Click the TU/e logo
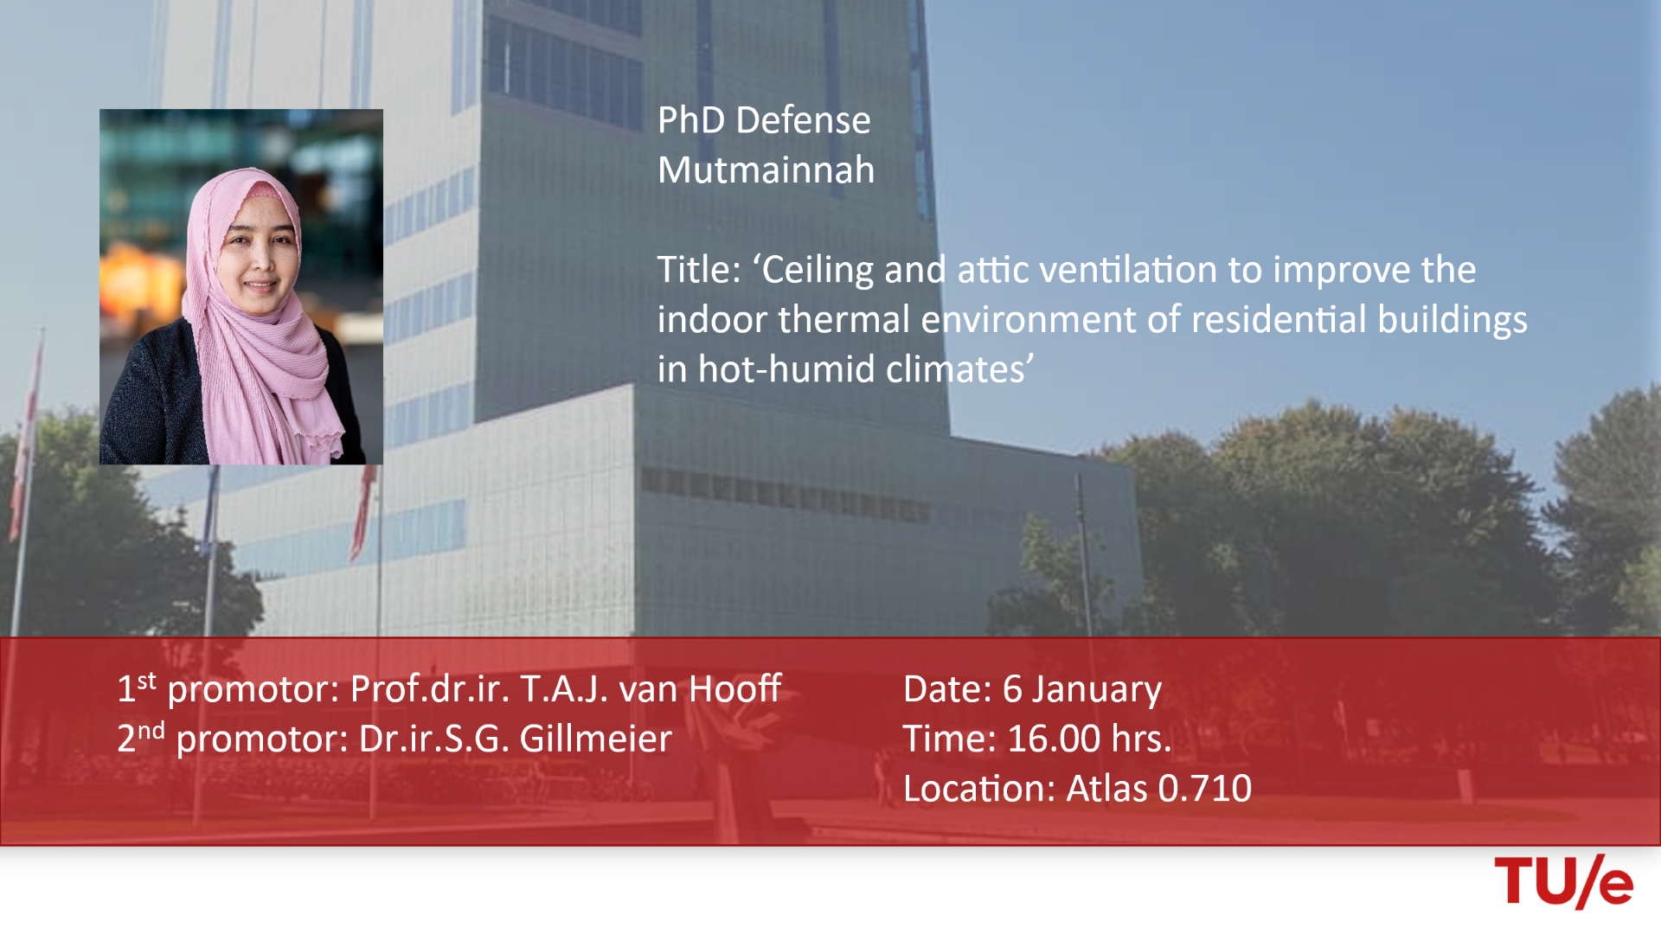1564,881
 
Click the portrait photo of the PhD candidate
241,287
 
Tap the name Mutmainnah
766,170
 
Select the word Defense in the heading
803,119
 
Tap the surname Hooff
734,688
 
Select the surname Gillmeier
595,739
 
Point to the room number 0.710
1204,789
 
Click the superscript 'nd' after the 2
151,730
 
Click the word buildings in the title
1453,320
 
